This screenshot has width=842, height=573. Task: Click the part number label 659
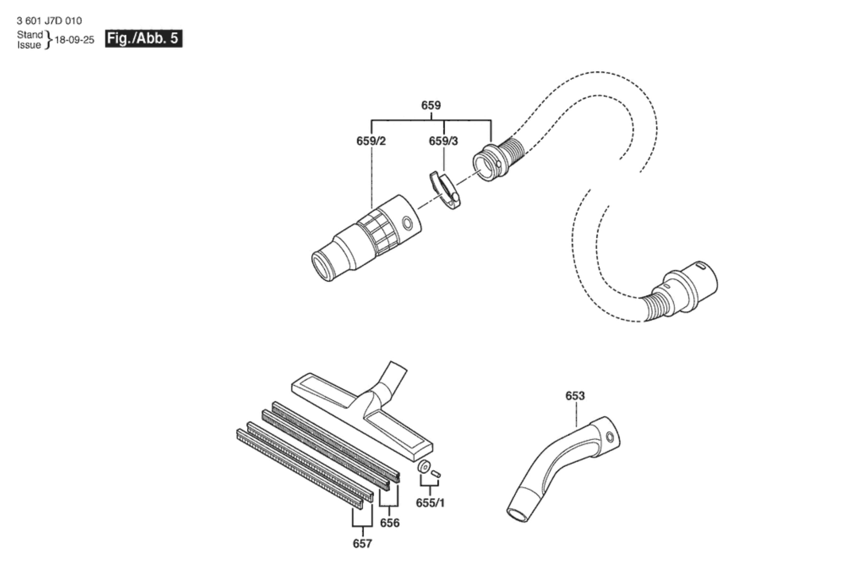[431, 105]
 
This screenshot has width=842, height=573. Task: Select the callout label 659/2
[371, 141]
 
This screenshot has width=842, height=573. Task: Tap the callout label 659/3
[443, 141]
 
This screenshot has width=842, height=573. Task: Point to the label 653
[575, 396]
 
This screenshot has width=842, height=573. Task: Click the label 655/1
[430, 502]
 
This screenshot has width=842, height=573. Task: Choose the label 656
[390, 523]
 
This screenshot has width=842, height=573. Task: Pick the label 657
[362, 544]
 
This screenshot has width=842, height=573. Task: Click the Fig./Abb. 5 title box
[144, 38]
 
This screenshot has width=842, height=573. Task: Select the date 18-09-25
[74, 40]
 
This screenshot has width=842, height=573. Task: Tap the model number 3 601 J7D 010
[49, 21]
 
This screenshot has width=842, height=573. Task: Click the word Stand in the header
[29, 35]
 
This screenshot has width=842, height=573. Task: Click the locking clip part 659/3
[445, 189]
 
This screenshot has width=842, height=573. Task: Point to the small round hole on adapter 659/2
[406, 222]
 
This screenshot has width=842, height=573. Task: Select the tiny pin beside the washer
[436, 473]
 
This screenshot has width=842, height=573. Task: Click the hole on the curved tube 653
[609, 436]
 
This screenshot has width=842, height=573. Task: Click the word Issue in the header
[29, 45]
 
